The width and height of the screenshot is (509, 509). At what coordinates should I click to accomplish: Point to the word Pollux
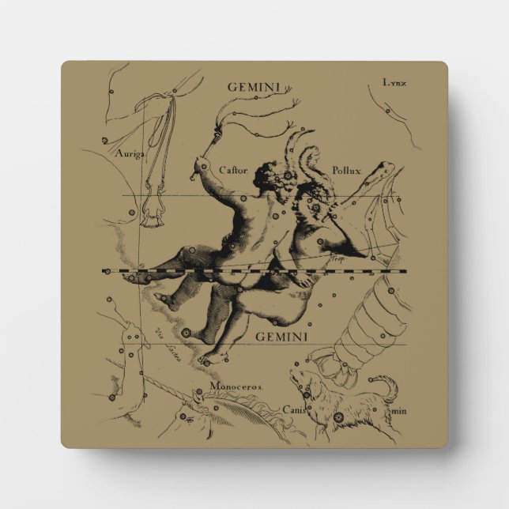[346, 169]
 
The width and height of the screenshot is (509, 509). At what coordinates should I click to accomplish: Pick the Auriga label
[127, 154]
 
